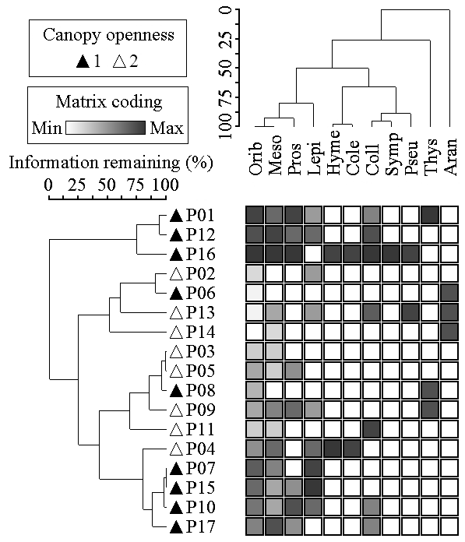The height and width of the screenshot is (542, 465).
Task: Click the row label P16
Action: [x=200, y=254]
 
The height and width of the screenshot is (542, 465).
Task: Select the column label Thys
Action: [x=431, y=157]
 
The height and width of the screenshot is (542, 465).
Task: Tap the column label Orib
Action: [x=255, y=158]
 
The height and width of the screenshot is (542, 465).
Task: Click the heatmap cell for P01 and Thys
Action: [x=431, y=215]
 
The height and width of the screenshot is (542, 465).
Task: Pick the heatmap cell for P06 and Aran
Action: [x=449, y=293]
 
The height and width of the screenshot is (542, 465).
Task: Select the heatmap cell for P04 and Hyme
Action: [x=333, y=449]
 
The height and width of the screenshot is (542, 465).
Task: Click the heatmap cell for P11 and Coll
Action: [x=372, y=429]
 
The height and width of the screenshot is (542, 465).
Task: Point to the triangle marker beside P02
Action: [x=176, y=274]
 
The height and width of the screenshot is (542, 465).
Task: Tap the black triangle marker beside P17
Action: [x=176, y=526]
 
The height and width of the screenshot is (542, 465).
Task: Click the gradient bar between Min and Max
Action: [x=105, y=128]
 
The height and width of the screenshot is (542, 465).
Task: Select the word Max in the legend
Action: [x=167, y=128]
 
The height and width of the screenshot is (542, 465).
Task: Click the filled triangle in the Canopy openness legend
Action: [x=83, y=62]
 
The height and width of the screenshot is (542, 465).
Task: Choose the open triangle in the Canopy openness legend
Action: [x=120, y=62]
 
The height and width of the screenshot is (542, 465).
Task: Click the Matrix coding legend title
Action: [x=109, y=102]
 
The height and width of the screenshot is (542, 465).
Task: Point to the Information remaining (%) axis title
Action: [x=111, y=163]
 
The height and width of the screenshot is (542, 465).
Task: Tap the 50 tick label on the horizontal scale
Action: [x=107, y=185]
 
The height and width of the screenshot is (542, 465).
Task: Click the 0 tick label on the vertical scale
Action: [x=226, y=9]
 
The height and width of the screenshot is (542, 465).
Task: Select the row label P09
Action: [x=200, y=410]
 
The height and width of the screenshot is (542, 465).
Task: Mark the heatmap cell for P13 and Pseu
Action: [x=410, y=312]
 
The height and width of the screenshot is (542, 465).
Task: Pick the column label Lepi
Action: [x=314, y=158]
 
